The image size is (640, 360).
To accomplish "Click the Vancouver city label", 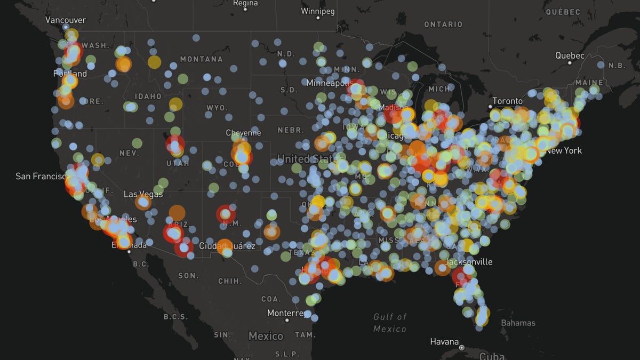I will [x=66, y=20].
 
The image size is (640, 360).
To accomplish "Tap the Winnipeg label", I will [x=318, y=11].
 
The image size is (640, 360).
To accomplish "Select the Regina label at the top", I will [x=245, y=3].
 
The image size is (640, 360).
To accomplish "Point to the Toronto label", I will [x=508, y=101].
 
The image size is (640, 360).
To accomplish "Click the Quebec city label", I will [x=570, y=55].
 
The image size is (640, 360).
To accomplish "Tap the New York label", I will [x=564, y=150].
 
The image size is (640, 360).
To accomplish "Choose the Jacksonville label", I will [x=470, y=262].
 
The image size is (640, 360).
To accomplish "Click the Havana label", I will [x=444, y=341].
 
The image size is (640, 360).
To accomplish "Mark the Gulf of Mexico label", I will [x=390, y=323].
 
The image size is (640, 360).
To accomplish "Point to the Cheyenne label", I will [x=243, y=132].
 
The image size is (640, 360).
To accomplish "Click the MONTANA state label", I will [x=202, y=59].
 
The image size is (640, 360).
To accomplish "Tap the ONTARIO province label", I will [x=443, y=25].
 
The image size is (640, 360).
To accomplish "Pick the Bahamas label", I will [x=518, y=323].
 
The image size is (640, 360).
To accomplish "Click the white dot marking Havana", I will [x=462, y=347].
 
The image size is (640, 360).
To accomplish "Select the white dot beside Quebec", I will [x=570, y=62].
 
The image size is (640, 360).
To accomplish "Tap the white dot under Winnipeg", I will [x=318, y=18].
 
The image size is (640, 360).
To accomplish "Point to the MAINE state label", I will [x=589, y=83].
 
